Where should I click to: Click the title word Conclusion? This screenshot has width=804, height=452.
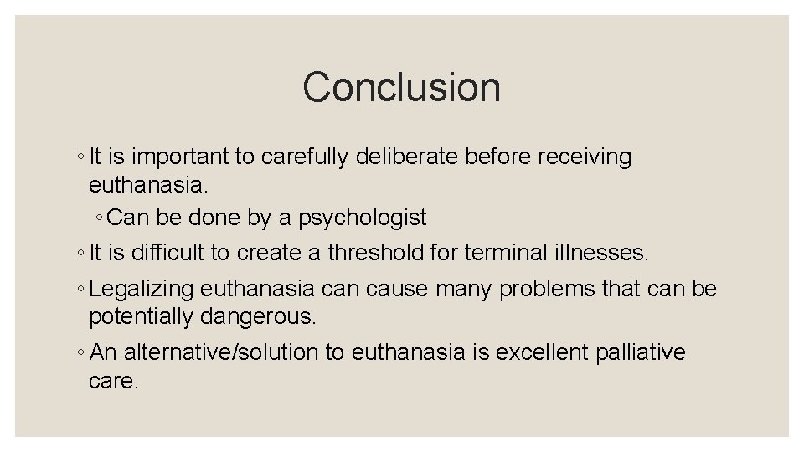point(401,87)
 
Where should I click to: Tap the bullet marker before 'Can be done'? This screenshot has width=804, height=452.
point(99,218)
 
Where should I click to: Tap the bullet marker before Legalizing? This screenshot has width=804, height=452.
point(79,290)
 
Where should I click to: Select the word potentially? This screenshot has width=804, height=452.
point(142,317)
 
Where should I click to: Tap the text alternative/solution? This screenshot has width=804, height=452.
point(220,352)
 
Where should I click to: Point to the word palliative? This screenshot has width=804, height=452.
point(641,352)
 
